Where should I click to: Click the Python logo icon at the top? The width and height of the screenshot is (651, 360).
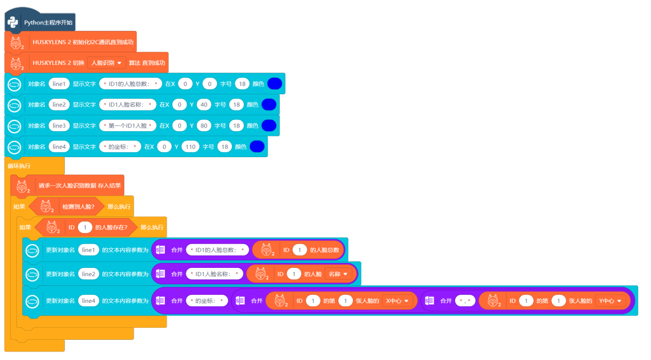13,22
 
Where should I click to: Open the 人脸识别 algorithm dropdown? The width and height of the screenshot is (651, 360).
106,63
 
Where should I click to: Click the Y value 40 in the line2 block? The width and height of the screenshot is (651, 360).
204,105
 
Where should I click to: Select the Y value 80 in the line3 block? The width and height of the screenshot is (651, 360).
204,126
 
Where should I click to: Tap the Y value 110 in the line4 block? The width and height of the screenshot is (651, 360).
191,147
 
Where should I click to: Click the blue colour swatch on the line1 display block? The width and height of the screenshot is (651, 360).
274,84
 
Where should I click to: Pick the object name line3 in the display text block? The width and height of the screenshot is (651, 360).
59,126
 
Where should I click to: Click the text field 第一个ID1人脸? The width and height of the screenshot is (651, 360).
128,126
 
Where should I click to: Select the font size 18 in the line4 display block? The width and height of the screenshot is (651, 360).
224,147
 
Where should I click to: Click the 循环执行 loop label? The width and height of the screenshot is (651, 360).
19,166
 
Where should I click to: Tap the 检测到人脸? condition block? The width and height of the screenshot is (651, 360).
78,206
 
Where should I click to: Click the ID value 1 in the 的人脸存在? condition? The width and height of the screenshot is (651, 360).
85,227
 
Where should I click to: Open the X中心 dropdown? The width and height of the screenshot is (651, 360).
397,301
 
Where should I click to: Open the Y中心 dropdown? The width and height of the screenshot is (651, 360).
610,301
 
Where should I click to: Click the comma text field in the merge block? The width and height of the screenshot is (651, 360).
465,301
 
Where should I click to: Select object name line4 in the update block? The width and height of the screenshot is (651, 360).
88,301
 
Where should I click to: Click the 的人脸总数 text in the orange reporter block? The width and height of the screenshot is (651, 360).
324,250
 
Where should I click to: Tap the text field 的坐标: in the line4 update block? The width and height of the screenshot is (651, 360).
206,301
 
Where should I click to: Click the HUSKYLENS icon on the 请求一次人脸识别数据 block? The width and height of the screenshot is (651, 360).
22,186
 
